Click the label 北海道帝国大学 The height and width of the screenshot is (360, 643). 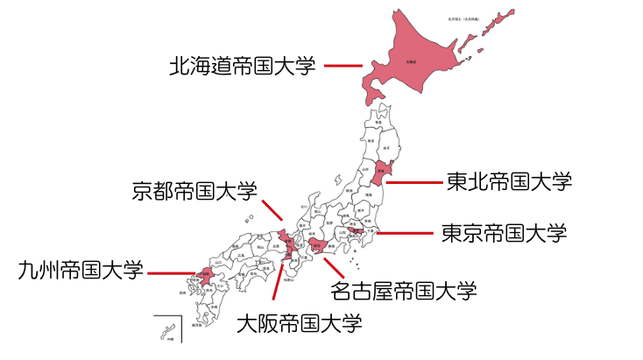click(x=241, y=66)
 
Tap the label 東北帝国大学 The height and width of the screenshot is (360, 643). click(x=509, y=181)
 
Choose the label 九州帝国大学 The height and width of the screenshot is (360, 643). click(x=80, y=270)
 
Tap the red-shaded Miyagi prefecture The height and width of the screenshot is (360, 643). click(x=378, y=171)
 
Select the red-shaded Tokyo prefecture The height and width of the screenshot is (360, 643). click(x=357, y=230)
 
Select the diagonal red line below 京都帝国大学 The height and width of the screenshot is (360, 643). click(x=272, y=209)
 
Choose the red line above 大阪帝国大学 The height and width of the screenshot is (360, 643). click(x=279, y=280)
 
